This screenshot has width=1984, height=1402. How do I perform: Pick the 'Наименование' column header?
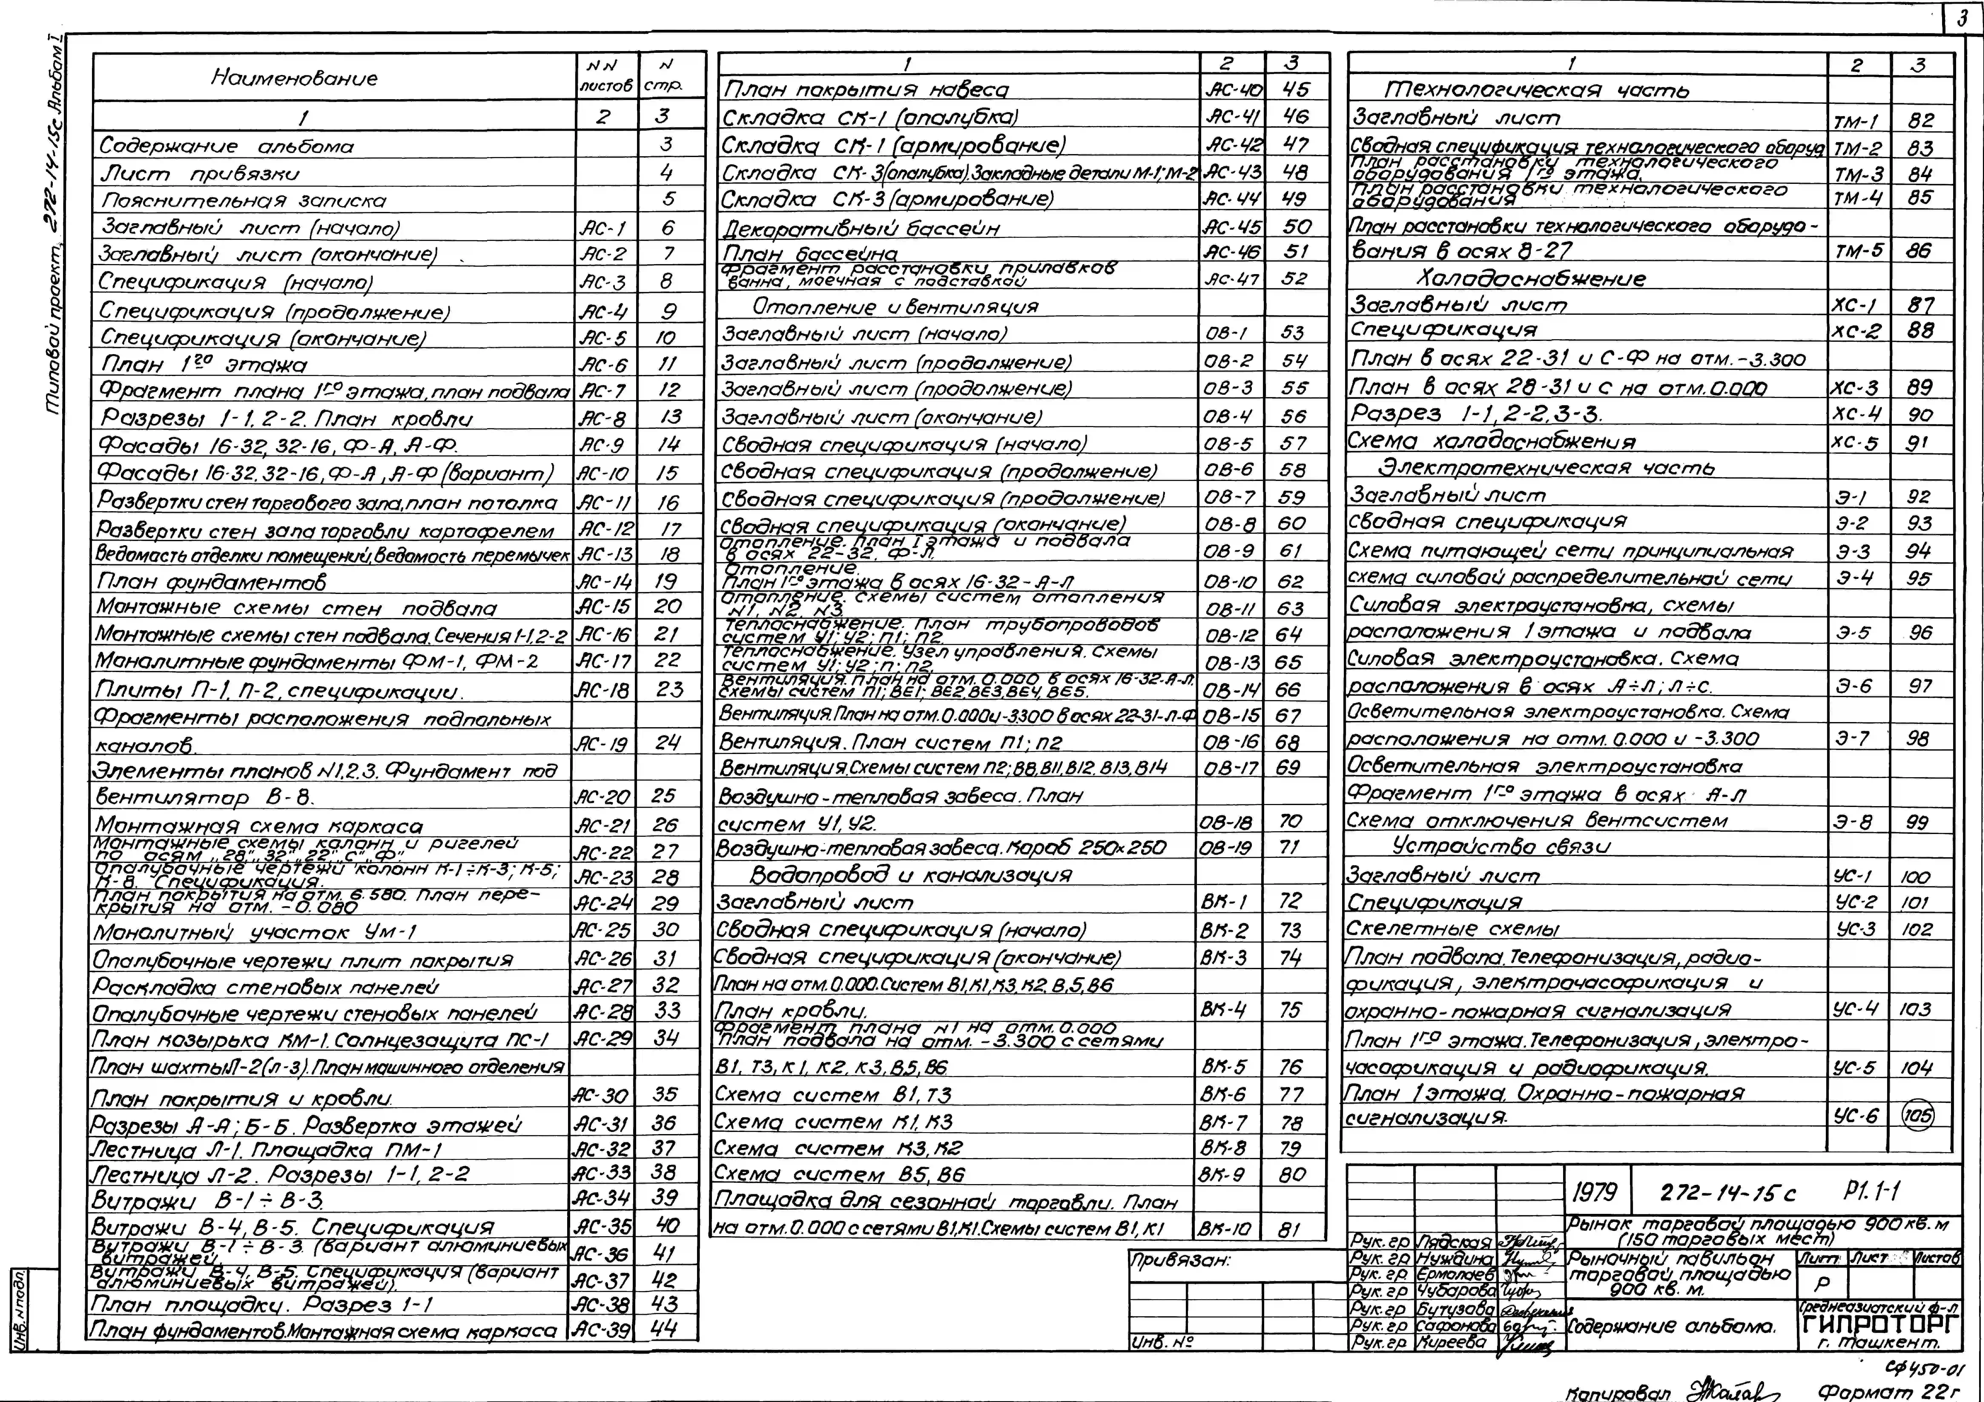[294, 78]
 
